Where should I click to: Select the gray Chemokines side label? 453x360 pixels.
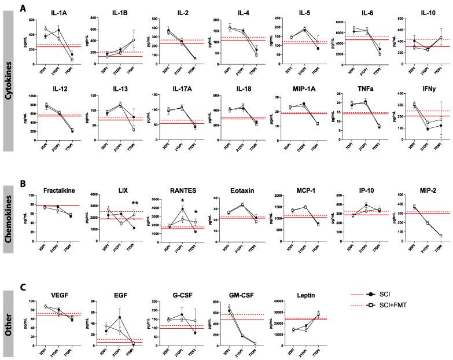8,217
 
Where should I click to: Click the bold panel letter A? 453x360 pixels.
23,8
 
